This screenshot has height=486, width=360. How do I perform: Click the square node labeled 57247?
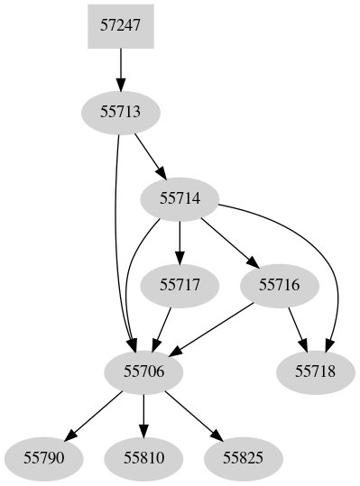(121, 27)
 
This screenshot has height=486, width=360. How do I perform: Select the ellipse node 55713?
(121, 113)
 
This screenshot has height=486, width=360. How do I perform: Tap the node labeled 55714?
(180, 197)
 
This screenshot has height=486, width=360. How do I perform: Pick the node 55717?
(180, 284)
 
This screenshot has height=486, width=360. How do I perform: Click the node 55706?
(144, 371)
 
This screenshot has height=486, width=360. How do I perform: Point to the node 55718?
(314, 371)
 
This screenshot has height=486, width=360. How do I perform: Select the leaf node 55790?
(44, 457)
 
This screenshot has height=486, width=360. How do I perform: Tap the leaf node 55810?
(144, 457)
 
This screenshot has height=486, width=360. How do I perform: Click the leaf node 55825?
(245, 457)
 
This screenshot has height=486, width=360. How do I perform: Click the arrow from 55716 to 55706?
(217, 326)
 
